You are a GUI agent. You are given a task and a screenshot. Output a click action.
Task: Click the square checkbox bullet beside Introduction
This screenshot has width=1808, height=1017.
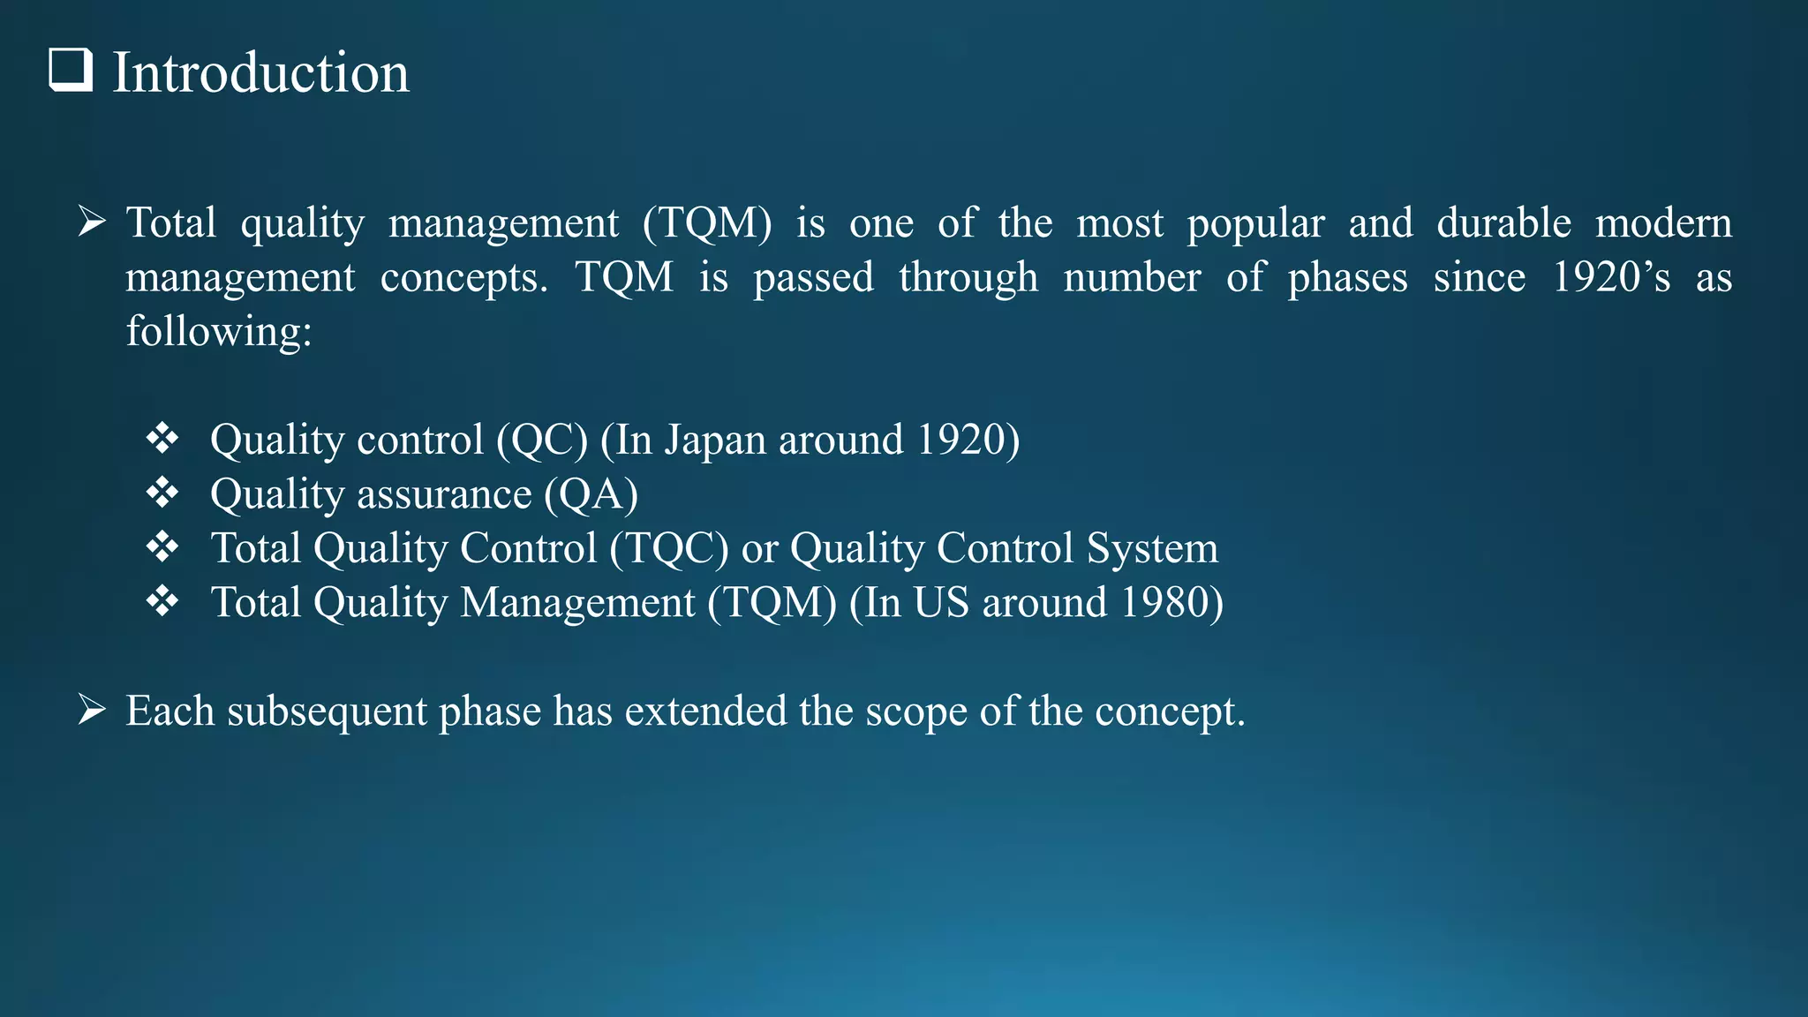(x=71, y=71)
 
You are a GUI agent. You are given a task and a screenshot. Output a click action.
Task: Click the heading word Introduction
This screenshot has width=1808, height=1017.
(x=261, y=72)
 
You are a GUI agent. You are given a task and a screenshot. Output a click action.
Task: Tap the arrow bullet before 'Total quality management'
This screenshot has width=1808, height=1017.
(x=92, y=222)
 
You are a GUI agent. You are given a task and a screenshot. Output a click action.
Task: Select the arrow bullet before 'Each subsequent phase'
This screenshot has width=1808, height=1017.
(x=92, y=710)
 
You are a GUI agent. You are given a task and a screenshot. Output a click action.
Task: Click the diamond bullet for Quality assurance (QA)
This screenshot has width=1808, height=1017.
(x=162, y=493)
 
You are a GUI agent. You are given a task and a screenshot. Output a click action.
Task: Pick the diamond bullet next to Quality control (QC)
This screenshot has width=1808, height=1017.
(x=162, y=439)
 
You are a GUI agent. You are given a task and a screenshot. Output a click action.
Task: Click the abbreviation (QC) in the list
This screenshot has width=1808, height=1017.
(x=542, y=440)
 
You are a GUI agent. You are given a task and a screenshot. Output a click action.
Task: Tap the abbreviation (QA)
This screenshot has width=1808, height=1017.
(x=591, y=494)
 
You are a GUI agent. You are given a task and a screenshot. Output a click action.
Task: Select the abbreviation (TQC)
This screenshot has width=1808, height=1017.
(x=669, y=548)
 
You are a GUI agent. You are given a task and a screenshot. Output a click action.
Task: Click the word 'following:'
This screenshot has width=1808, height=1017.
(x=219, y=332)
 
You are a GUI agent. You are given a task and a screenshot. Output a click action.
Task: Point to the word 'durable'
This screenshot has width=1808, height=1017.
(x=1503, y=222)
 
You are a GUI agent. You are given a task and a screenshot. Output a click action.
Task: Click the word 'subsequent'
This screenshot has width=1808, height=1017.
(x=327, y=712)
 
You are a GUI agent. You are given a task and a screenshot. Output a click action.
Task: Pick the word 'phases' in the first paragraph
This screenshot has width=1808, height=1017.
(x=1347, y=278)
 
